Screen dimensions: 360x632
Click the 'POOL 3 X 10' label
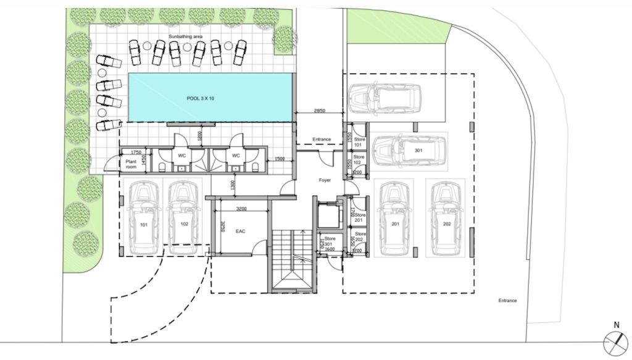pos(201,99)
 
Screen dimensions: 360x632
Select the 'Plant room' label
pos(130,164)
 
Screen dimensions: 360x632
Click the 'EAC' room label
pos(241,231)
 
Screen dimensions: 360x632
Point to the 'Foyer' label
pos(325,180)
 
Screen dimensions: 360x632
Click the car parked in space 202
pos(447,219)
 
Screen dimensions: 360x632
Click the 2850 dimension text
pos(319,111)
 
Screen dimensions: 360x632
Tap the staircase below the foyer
pos(292,259)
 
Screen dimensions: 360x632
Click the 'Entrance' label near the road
pos(507,301)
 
